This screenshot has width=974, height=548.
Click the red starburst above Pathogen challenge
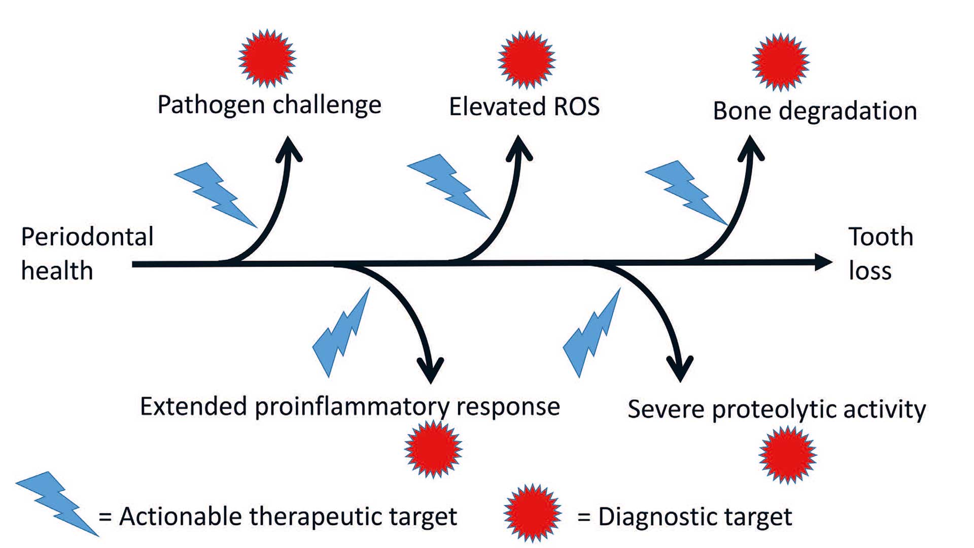267,58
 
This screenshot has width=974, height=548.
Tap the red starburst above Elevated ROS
527,59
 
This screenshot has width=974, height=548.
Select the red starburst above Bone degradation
780,62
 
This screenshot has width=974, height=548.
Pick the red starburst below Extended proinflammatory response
433,449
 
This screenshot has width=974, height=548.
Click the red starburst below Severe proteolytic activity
787,454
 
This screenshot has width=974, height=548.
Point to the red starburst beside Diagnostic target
532,513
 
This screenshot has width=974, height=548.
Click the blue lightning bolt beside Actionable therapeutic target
56,502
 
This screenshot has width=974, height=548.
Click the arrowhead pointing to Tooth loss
823,262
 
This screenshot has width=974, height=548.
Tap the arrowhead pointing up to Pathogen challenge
289,148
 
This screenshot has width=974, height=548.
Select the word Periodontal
87,237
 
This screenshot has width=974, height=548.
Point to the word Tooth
881,237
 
